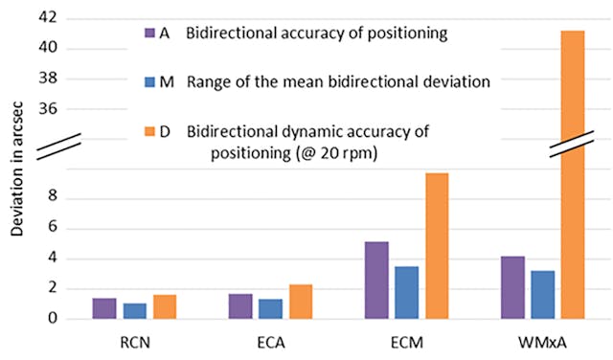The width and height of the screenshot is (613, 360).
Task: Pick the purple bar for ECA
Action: tap(241, 306)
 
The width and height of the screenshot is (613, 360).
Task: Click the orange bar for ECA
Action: tap(301, 302)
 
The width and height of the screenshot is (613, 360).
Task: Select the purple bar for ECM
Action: tap(377, 280)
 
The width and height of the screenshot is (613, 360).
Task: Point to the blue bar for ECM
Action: tap(407, 292)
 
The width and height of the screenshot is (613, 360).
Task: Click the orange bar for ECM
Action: tap(438, 246)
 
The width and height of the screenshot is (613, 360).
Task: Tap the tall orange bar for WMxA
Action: tap(573, 172)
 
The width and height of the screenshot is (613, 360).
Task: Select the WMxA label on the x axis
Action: tap(543, 341)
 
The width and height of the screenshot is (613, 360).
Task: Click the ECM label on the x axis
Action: tap(407, 341)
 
